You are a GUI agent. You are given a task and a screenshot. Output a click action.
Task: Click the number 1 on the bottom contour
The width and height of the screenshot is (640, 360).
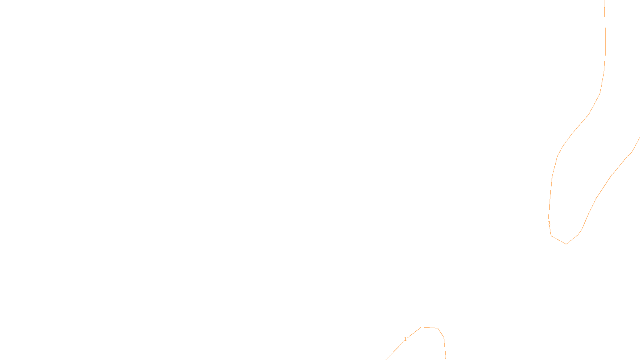[405, 339]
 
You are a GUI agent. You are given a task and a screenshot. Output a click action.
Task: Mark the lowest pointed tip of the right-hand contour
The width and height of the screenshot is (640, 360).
[566, 244]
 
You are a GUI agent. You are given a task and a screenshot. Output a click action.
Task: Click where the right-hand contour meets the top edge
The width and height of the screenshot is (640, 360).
[604, 1]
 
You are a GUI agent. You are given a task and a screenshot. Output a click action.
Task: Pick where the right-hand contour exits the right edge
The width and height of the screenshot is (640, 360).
[639, 138]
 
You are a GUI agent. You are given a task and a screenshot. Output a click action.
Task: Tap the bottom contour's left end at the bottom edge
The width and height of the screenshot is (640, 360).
[386, 359]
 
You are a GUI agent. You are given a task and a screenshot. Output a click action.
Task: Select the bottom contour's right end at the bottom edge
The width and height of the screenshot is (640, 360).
[446, 359]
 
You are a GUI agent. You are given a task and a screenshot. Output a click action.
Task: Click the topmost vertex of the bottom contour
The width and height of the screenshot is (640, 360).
[422, 327]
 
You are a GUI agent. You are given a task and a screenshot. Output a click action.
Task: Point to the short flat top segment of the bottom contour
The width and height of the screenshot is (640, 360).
[430, 328]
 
